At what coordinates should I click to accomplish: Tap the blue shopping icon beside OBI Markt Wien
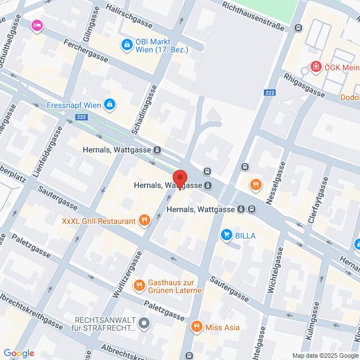coord(128,44)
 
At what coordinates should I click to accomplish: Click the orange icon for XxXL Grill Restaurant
coord(144,220)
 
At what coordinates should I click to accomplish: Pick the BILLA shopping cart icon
coord(227,235)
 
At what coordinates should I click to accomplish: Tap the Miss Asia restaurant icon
coord(196,327)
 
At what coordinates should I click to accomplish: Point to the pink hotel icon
coord(37,25)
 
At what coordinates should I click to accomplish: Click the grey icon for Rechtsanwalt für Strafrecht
coord(145,323)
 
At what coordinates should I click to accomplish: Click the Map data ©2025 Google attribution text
coord(325,355)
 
